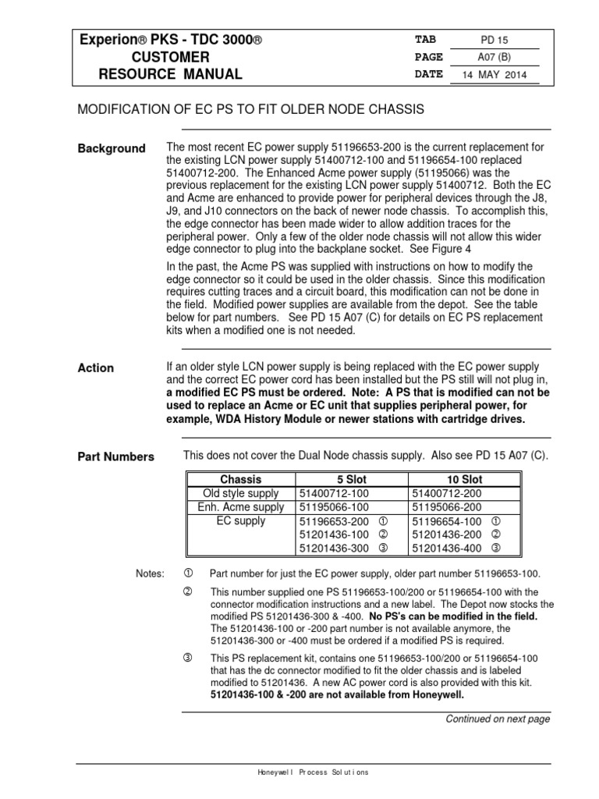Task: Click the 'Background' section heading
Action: [111, 148]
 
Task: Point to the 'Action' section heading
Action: [95, 368]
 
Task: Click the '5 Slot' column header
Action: [350, 479]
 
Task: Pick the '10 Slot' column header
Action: [462, 479]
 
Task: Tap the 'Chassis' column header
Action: [241, 479]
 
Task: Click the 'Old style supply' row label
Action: [241, 493]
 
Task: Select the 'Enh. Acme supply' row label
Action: [241, 507]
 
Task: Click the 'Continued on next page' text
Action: [498, 719]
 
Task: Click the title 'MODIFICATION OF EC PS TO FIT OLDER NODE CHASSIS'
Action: [250, 109]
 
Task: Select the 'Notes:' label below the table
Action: [151, 574]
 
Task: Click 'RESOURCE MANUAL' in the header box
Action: [170, 75]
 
